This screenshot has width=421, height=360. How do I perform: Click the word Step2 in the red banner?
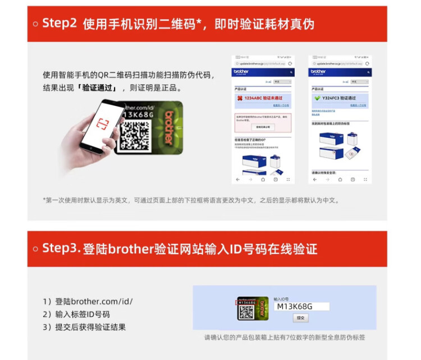(60, 24)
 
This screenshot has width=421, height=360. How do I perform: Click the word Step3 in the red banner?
(62, 248)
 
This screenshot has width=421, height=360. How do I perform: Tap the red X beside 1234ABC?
(240, 98)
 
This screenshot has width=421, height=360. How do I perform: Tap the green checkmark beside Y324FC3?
(317, 98)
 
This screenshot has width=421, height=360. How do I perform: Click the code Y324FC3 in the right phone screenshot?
(331, 98)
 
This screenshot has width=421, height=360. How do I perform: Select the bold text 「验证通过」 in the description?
(99, 88)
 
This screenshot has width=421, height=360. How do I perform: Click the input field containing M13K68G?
(301, 306)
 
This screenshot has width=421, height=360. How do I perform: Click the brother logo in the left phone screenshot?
(242, 72)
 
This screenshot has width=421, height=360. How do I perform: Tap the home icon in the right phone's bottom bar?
(339, 179)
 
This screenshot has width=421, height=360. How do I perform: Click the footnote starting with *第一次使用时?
(191, 200)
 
